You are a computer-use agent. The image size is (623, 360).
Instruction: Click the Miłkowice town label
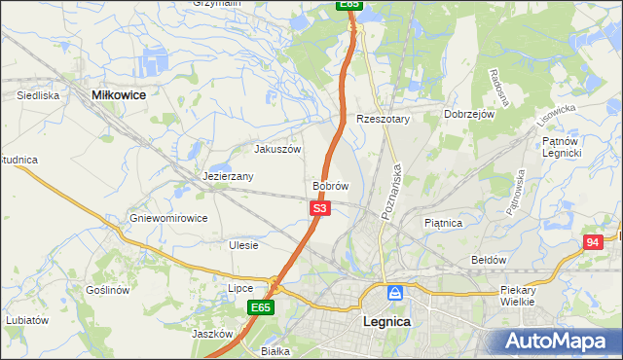(x=118, y=95)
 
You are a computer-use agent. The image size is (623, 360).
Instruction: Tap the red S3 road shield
(x=321, y=208)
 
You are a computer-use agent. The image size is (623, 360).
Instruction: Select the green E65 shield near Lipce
(x=259, y=307)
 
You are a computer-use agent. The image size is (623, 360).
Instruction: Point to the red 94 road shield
(x=593, y=242)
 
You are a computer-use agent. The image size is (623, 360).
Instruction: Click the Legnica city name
(x=386, y=321)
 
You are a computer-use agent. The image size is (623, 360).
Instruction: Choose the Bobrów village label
(x=330, y=185)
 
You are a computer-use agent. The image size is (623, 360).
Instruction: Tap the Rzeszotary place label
(x=384, y=119)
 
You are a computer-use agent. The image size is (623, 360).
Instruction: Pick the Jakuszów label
(x=277, y=150)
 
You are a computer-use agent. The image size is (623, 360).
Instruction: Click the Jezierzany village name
(x=229, y=177)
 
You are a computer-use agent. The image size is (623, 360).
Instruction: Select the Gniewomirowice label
(x=169, y=218)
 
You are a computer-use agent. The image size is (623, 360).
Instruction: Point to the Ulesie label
(x=243, y=245)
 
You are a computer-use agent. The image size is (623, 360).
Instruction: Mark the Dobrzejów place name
(x=470, y=114)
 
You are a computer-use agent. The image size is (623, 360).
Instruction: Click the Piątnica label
(x=443, y=223)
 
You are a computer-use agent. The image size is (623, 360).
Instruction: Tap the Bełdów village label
(x=489, y=260)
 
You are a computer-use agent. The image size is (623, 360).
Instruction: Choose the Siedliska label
(x=39, y=96)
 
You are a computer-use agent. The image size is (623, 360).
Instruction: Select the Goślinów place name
(x=107, y=291)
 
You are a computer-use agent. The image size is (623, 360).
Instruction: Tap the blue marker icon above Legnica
(x=395, y=293)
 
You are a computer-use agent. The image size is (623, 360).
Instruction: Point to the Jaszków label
(x=210, y=334)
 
